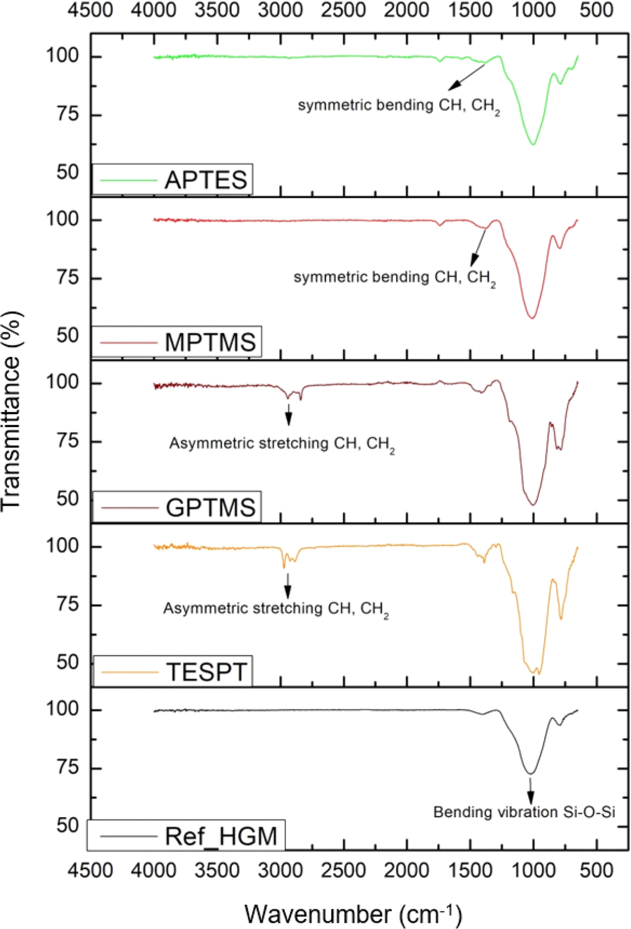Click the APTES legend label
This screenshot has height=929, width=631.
(206, 180)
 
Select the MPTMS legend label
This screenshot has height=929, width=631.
(210, 343)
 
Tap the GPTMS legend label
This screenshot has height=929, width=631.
(210, 508)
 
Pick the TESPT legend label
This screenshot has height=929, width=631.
(207, 672)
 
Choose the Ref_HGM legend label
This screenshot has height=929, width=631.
(221, 837)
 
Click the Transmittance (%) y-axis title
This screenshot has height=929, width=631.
(11, 411)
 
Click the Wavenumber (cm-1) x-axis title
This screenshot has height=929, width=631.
(353, 914)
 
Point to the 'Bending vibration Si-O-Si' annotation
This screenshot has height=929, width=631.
(524, 812)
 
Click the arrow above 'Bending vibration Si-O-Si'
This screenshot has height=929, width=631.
(530, 791)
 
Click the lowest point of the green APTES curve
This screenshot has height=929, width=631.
(533, 144)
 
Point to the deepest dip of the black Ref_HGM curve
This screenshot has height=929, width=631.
(530, 774)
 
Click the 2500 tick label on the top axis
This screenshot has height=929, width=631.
(343, 10)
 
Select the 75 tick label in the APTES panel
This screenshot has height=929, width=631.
(68, 114)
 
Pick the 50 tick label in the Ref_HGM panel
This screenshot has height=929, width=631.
(68, 825)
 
